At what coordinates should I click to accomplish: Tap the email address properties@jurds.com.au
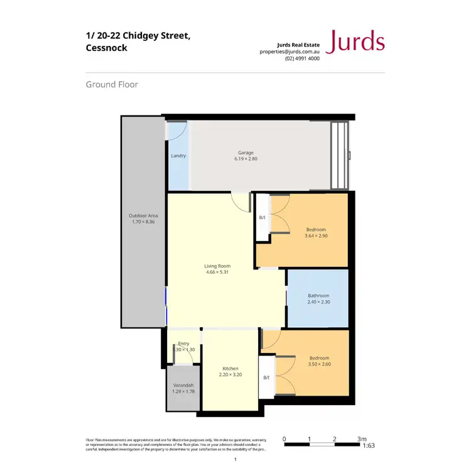(x=290, y=51)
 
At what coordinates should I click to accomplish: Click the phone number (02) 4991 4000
(x=302, y=58)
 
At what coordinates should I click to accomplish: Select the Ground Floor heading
(x=112, y=84)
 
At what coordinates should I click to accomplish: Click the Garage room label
(x=246, y=153)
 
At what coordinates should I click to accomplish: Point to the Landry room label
(x=178, y=156)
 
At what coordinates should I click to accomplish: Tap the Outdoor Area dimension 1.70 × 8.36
(x=143, y=222)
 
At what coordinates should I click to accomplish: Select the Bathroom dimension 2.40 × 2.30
(x=318, y=302)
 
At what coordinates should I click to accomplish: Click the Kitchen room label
(x=230, y=369)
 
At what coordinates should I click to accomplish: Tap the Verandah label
(x=183, y=385)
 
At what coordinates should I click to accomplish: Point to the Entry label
(x=183, y=344)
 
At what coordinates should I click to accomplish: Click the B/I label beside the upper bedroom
(x=263, y=218)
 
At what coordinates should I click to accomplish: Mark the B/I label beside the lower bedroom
(x=266, y=377)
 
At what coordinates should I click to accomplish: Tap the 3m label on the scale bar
(x=361, y=439)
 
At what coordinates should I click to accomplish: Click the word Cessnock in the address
(x=106, y=48)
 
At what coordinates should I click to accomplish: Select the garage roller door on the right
(x=339, y=155)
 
